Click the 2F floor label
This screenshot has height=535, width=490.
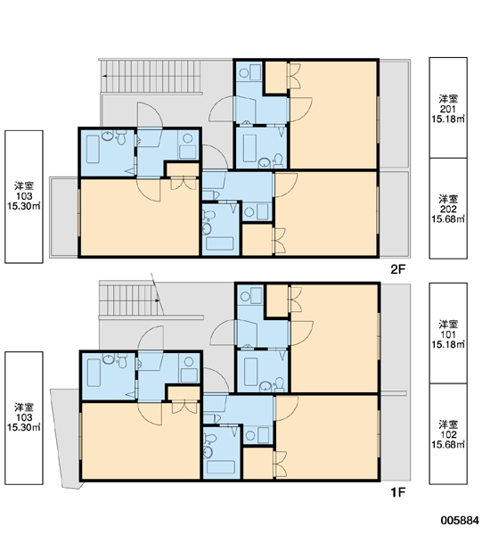pyautogui.click(x=397, y=269)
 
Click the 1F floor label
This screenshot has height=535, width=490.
pyautogui.click(x=397, y=492)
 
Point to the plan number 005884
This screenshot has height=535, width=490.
pyautogui.click(x=460, y=521)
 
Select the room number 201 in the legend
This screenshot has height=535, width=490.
pyautogui.click(x=448, y=109)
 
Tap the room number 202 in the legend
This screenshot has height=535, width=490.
pyautogui.click(x=448, y=209)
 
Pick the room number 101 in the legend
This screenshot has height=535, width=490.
pyautogui.click(x=448, y=334)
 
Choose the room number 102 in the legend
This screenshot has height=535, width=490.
pyautogui.click(x=448, y=435)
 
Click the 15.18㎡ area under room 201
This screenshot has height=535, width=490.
pyautogui.click(x=448, y=119)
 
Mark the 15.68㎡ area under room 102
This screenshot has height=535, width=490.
pyautogui.click(x=448, y=445)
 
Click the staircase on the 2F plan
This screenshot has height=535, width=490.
pyautogui.click(x=151, y=76)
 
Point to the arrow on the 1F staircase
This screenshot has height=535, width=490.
pyautogui.click(x=158, y=300)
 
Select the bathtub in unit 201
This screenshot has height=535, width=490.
pyautogui.click(x=249, y=148)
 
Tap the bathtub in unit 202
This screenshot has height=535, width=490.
pyautogui.click(x=220, y=243)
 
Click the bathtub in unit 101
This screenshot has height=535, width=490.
pyautogui.click(x=250, y=372)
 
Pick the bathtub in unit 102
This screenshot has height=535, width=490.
pyautogui.click(x=221, y=467)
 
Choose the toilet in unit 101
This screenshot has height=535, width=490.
pyautogui.click(x=279, y=385)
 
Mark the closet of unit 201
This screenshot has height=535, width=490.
pyautogui.click(x=276, y=78)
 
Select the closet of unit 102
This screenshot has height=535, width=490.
pyautogui.click(x=258, y=463)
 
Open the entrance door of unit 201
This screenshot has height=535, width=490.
pyautogui.click(x=222, y=109)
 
